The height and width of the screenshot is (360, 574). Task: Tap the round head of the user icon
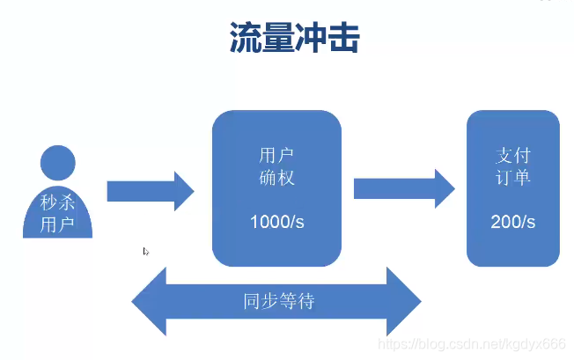coord(57,164)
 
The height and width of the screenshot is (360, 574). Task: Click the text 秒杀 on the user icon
coord(57,203)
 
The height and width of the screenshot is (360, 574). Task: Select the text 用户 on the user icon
coord(57,224)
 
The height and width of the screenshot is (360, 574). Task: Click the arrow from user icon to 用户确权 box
coord(151,191)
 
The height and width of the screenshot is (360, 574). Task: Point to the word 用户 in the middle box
coord(276,156)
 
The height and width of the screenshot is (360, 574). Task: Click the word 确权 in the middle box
coord(276,177)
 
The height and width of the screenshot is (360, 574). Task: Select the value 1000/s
coord(276,221)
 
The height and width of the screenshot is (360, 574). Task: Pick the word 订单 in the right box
coord(512,178)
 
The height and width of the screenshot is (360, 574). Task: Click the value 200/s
coord(512,222)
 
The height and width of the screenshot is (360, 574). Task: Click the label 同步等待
coord(278,302)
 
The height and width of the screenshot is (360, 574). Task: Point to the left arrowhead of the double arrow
coord(149,302)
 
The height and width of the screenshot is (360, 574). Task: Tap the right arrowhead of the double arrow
coord(405,302)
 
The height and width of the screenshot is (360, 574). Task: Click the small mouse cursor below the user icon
coord(146,252)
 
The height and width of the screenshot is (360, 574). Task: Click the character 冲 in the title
coord(310,38)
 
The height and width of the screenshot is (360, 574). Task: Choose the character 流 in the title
coord(246,38)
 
